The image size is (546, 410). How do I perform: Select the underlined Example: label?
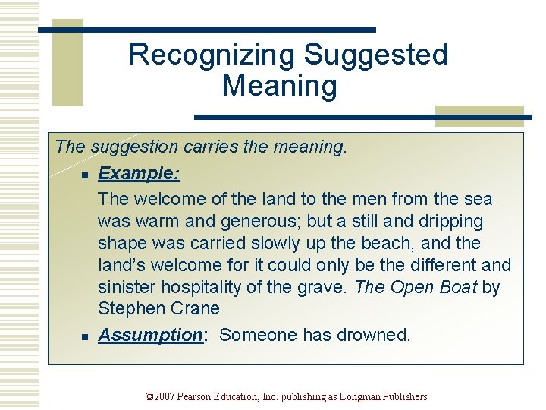[x=139, y=173]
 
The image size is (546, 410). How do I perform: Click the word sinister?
[x=127, y=288]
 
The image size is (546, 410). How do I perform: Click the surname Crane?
[x=195, y=309]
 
